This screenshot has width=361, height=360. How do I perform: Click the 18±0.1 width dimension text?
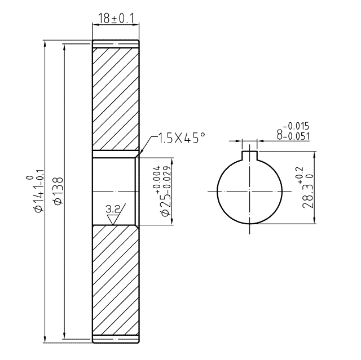point(116,19)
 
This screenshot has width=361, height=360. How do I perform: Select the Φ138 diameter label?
point(58,190)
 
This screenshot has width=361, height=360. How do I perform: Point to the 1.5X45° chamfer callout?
point(181,138)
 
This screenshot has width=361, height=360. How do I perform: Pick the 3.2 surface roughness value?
point(113,210)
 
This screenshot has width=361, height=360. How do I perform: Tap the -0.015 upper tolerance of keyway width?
point(296,126)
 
